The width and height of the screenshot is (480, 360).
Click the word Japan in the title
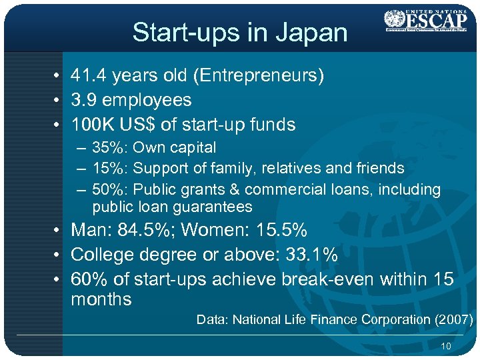318,33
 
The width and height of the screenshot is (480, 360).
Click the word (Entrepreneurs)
257,76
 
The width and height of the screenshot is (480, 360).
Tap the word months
101,299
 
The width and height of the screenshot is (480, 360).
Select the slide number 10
446,346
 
